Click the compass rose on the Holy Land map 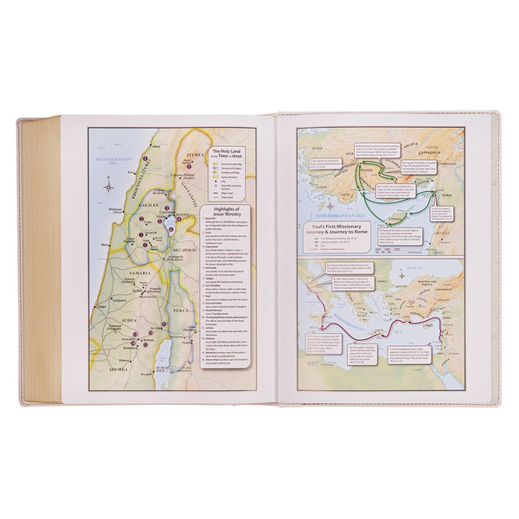pos(104,183)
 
